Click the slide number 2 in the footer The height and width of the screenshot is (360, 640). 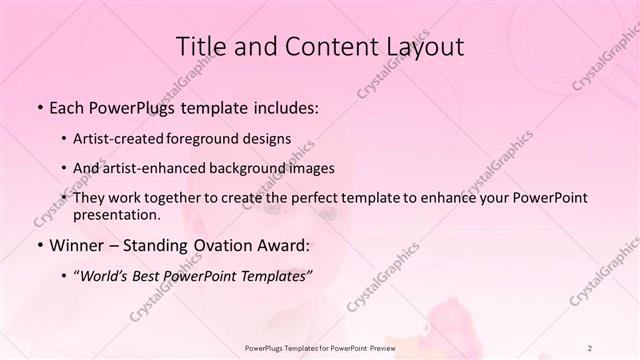(591, 347)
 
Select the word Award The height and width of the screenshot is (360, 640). (285, 244)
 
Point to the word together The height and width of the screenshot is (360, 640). (169, 198)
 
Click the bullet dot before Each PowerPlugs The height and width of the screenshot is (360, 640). (39, 107)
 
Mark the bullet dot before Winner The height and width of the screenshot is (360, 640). (39, 244)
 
